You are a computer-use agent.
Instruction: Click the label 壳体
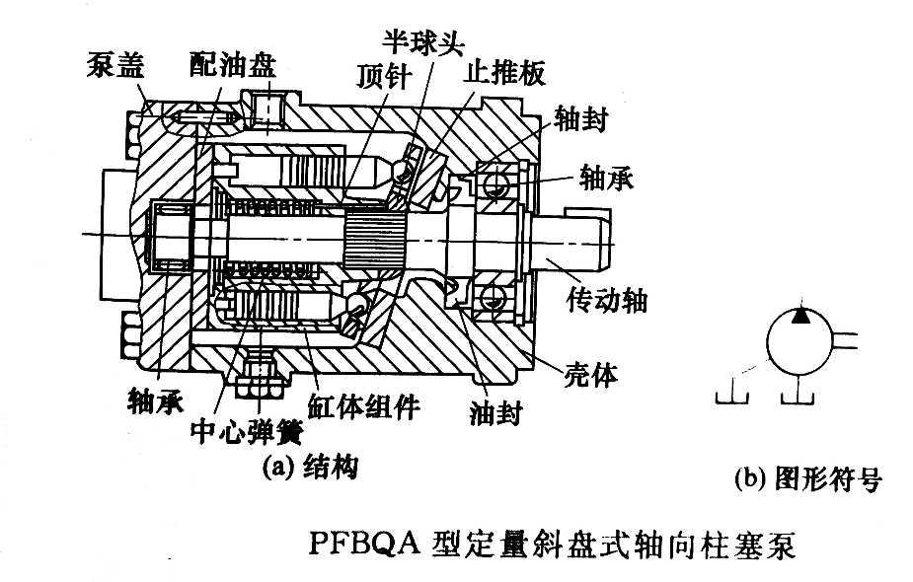(590, 377)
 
